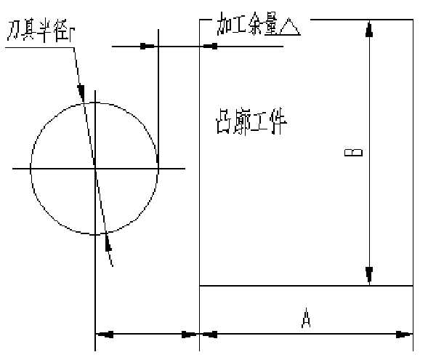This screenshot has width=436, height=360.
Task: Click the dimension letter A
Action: [307, 318]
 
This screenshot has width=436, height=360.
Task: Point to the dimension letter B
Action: [352, 153]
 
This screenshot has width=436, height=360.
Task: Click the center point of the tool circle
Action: [95, 169]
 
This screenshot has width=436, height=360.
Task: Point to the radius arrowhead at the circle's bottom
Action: [107, 240]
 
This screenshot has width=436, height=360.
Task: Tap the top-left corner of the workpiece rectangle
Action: [200, 20]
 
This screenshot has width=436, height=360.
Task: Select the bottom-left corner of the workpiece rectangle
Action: [200, 286]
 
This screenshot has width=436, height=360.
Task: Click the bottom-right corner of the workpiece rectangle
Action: [413, 286]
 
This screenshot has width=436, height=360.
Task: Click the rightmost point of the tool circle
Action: [158, 169]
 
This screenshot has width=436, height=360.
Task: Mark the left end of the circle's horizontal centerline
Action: [12, 169]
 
